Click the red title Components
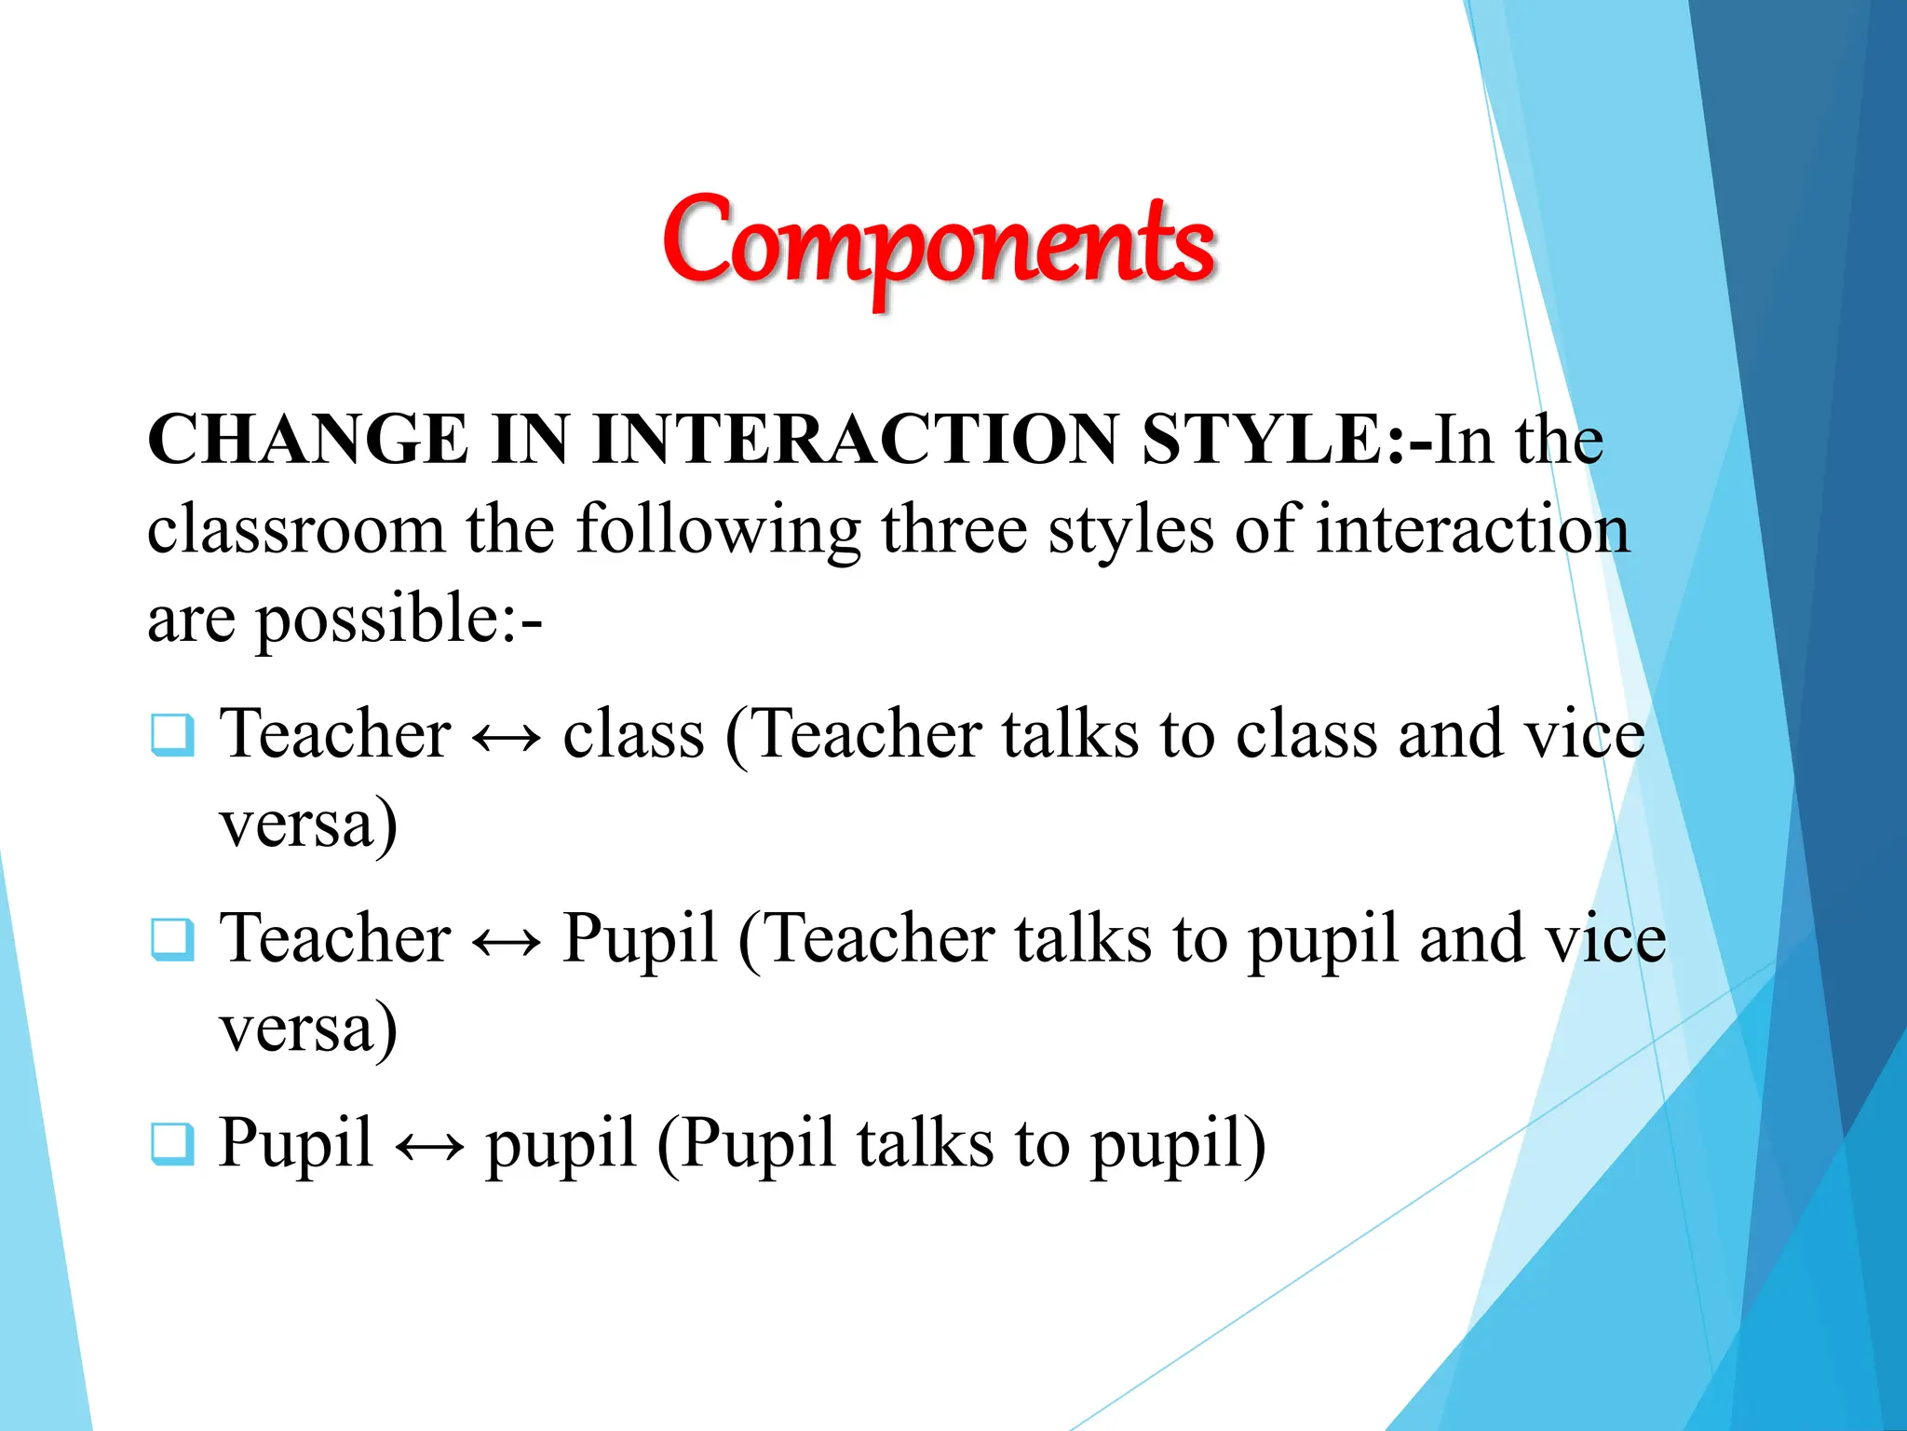(x=939, y=244)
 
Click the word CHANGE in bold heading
(x=307, y=440)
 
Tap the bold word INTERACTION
(x=855, y=440)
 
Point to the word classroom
(x=295, y=529)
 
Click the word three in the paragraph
(x=953, y=529)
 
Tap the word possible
(x=377, y=620)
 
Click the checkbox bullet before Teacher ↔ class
(x=173, y=735)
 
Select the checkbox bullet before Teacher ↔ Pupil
(x=173, y=939)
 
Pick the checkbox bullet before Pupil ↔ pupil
(x=173, y=1144)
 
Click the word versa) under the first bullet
(x=308, y=824)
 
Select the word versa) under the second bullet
(x=308, y=1029)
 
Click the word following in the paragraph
(x=718, y=529)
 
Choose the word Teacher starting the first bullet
(x=335, y=734)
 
